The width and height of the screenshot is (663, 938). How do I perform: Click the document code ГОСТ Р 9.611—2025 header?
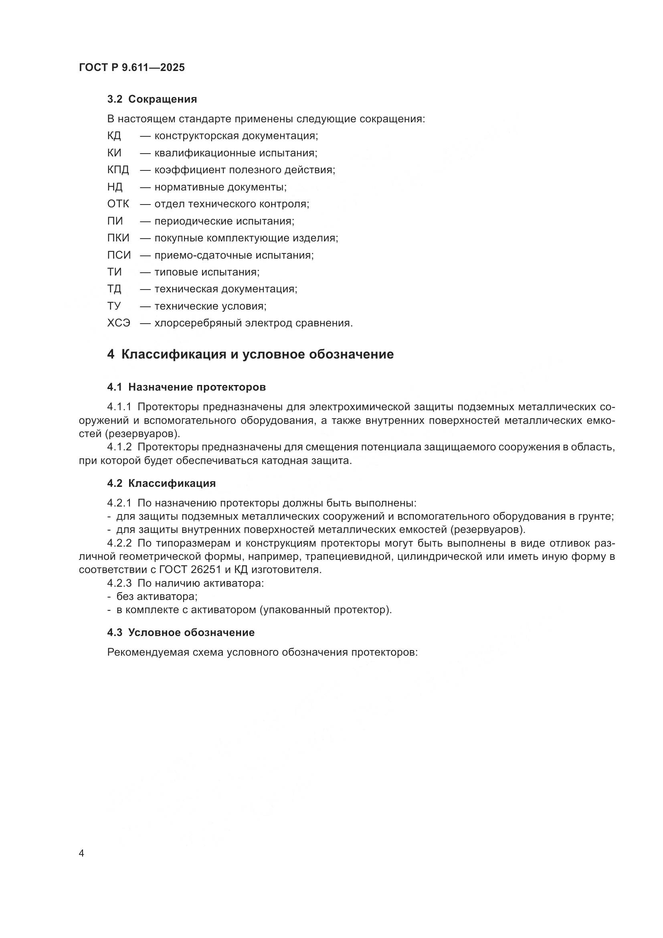click(x=132, y=67)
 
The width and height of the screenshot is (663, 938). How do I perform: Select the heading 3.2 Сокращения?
click(x=152, y=99)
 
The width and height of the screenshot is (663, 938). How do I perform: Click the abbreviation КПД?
click(x=117, y=170)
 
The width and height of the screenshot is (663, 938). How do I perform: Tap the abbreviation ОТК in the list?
click(x=117, y=204)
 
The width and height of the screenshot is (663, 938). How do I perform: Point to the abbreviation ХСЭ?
click(x=118, y=323)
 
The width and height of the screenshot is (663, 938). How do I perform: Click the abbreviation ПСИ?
click(x=119, y=255)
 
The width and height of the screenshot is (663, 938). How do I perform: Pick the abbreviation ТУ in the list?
click(x=114, y=306)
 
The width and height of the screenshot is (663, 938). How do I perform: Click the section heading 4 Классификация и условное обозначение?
click(x=250, y=354)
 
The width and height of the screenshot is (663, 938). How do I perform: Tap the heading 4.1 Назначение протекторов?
click(x=186, y=387)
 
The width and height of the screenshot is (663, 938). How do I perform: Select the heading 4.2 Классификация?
click(x=161, y=483)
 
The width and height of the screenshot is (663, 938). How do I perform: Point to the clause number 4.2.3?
click(x=119, y=583)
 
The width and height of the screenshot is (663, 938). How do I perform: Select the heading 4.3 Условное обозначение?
click(x=181, y=632)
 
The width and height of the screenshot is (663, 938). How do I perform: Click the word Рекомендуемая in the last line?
click(x=148, y=652)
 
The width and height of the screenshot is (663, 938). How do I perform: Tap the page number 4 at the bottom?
click(x=81, y=853)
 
